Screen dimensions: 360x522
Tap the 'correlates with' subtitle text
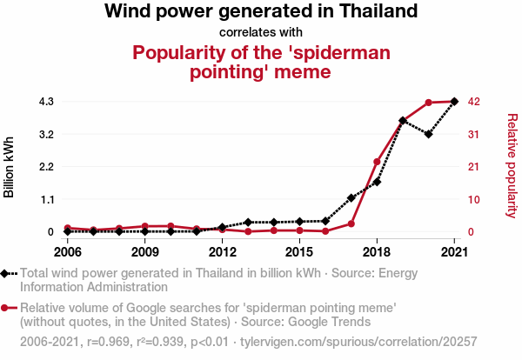click(x=261, y=33)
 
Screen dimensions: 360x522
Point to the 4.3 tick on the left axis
click(x=46, y=102)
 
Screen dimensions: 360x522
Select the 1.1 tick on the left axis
click(x=46, y=199)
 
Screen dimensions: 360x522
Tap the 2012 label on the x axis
click(x=222, y=252)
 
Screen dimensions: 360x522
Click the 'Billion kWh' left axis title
click(x=10, y=167)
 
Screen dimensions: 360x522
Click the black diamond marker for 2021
click(x=454, y=102)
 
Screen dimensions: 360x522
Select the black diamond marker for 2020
click(x=429, y=134)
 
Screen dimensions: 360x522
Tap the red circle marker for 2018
click(x=377, y=162)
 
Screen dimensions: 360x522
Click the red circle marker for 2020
click(x=429, y=103)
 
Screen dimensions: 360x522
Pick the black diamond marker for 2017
click(x=351, y=198)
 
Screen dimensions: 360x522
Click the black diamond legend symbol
click(x=9, y=273)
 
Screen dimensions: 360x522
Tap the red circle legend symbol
click(x=9, y=308)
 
